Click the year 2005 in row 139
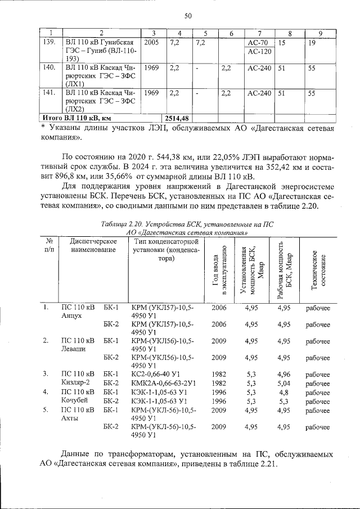click(x=151, y=43)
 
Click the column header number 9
click(x=321, y=34)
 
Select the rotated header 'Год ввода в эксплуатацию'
click(x=218, y=270)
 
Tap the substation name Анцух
click(x=72, y=316)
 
